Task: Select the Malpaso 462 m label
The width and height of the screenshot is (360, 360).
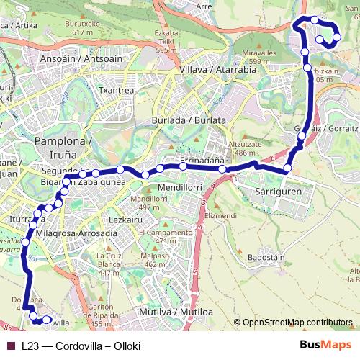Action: point(155,260)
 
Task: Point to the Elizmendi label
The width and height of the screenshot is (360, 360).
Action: point(221,215)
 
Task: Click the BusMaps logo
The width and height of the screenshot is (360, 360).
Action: point(325,345)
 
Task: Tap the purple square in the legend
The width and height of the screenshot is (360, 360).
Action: point(12,346)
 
